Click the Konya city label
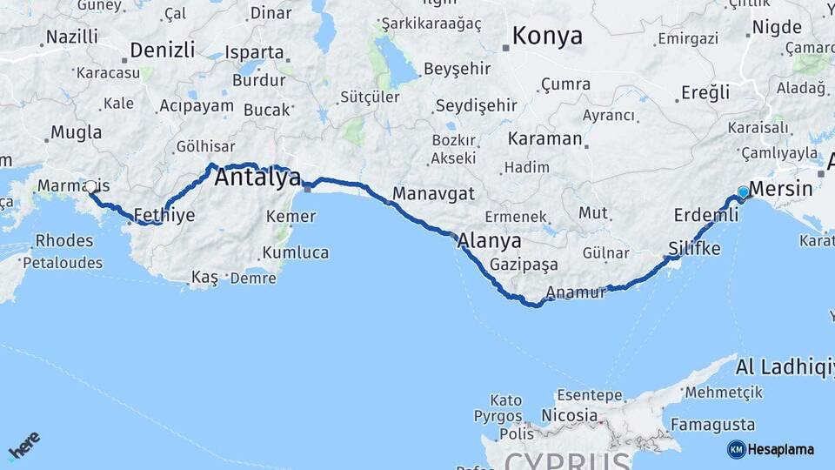547,37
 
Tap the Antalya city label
257,178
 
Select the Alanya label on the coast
490,241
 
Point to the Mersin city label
780,189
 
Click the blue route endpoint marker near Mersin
743,191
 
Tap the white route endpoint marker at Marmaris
91,186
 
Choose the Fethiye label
164,214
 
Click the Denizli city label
163,49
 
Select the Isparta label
254,52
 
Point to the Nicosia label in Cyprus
569,415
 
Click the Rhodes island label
64,241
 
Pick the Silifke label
694,248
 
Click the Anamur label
576,293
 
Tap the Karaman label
544,138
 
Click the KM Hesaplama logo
771,449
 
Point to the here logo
24,446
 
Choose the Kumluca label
295,252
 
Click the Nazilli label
72,37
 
